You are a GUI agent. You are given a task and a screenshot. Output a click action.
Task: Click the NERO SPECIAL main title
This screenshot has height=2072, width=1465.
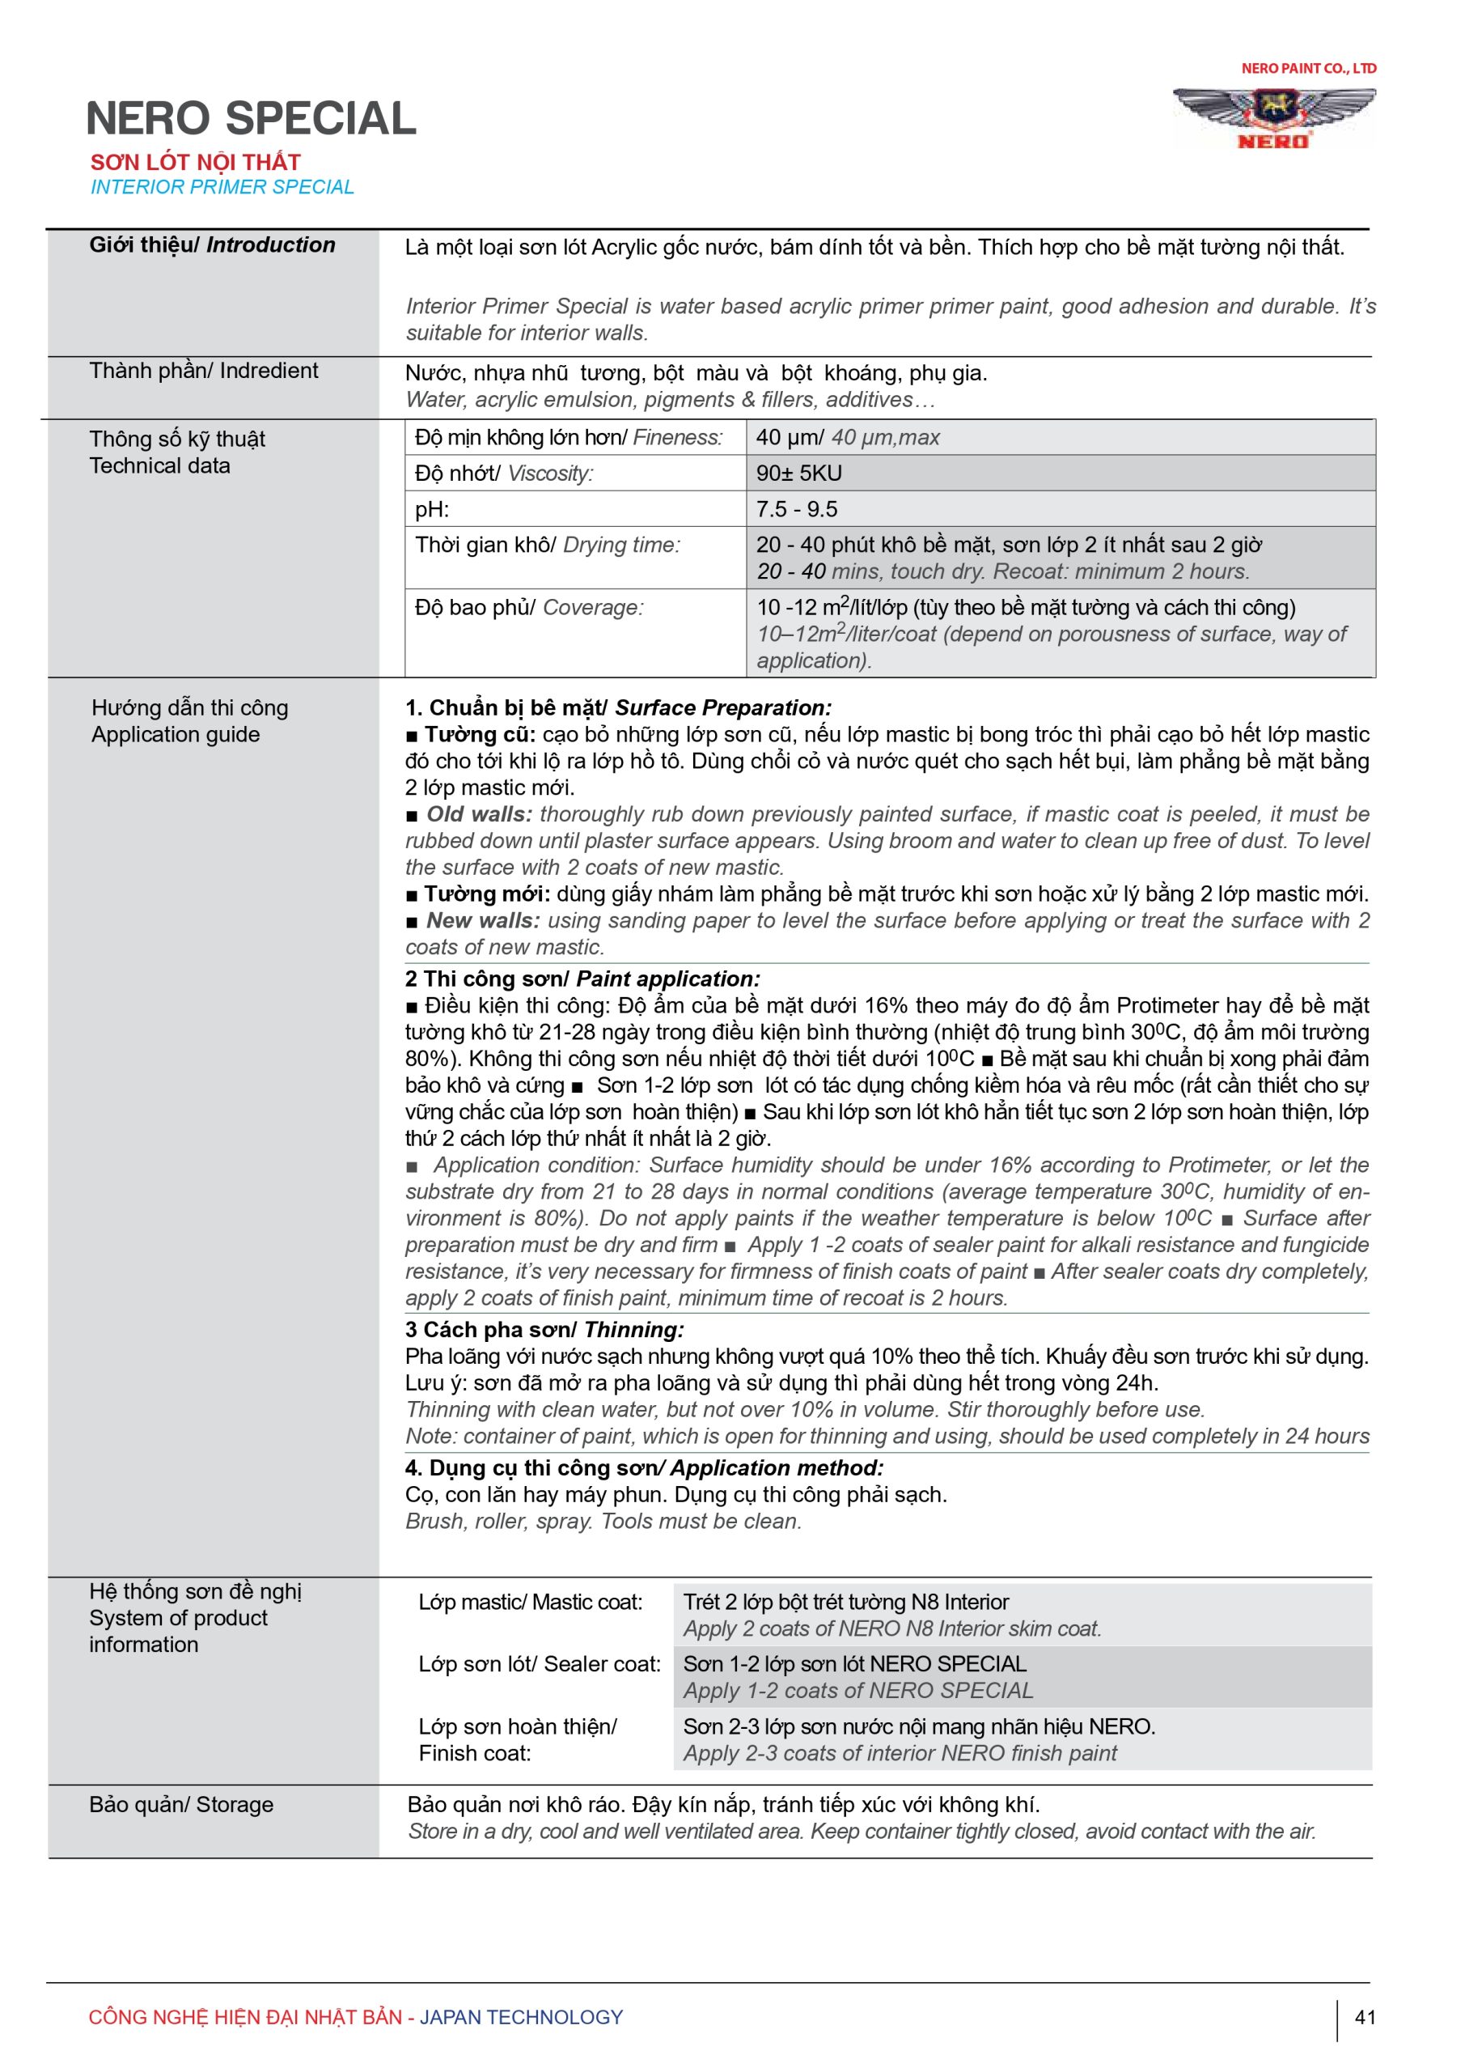tap(251, 119)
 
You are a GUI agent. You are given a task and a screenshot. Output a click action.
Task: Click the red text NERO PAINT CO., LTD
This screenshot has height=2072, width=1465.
tap(1308, 69)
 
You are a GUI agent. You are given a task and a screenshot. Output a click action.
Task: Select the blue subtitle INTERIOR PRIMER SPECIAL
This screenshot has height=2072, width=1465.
tap(222, 187)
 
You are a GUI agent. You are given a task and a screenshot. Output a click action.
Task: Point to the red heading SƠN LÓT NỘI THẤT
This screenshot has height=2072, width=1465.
tap(195, 163)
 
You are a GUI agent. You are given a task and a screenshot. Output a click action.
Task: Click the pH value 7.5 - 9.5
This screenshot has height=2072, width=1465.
tap(797, 509)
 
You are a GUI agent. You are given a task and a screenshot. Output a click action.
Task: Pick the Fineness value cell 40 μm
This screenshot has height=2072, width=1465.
tap(847, 438)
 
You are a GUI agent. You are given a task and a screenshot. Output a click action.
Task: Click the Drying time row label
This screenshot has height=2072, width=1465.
tap(548, 545)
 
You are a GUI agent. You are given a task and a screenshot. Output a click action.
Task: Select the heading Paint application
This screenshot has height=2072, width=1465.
tap(667, 979)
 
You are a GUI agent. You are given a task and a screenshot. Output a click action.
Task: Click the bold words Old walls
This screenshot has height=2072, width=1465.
tap(479, 814)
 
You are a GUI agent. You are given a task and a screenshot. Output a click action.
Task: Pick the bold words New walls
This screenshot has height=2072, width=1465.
tap(483, 920)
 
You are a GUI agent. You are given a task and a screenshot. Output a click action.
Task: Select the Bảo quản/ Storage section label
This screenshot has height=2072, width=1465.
tap(181, 1805)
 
